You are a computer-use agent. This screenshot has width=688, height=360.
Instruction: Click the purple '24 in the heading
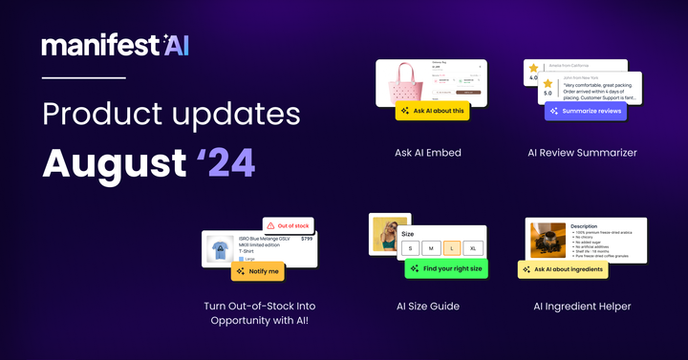226,162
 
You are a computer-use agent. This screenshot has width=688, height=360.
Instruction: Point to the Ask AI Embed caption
429,152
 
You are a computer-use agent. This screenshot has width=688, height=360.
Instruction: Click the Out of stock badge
288,225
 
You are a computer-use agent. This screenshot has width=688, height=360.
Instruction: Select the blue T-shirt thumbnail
220,248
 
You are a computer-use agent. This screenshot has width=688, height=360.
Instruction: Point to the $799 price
306,239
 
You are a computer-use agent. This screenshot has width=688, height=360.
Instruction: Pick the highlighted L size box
449,247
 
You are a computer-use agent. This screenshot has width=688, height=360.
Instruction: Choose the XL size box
473,247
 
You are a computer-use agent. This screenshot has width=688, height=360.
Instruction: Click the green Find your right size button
445,269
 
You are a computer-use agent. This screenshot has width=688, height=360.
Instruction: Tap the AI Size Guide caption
427,307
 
